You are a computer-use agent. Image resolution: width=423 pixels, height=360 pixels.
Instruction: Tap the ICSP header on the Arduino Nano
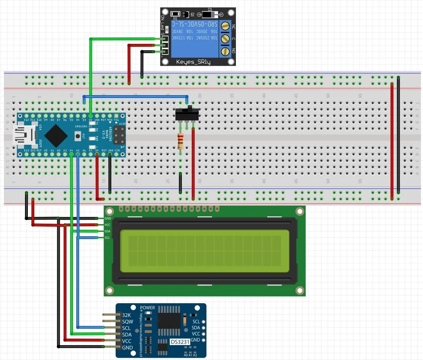(119, 136)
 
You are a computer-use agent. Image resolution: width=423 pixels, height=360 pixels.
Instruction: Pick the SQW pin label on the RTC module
(127, 322)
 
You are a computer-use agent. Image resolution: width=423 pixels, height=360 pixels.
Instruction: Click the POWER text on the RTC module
(147, 308)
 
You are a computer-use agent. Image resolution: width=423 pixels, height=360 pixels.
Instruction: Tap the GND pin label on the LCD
(108, 218)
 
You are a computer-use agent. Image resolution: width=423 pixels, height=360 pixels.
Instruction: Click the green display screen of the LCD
(205, 251)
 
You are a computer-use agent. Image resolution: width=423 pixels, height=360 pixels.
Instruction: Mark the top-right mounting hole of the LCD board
(299, 211)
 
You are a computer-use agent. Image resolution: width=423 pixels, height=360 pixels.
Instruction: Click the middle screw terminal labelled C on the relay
(225, 39)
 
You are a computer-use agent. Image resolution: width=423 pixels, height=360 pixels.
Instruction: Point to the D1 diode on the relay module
(210, 14)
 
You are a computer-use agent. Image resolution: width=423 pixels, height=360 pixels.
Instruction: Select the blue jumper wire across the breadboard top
(135, 96)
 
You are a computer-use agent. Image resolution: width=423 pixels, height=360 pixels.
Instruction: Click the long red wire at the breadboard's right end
(392, 141)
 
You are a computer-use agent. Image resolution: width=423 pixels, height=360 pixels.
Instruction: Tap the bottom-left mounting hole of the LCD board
(109, 290)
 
